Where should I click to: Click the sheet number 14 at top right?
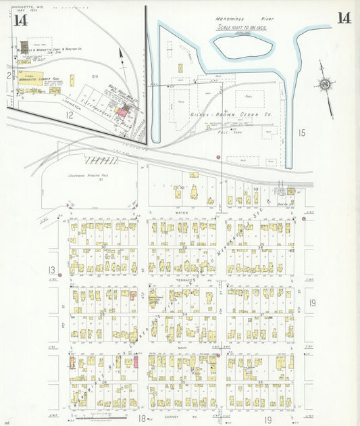click(344, 18)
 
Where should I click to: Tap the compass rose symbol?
click(325, 85)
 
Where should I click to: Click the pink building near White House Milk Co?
click(123, 110)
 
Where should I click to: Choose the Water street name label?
click(181, 213)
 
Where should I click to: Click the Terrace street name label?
click(182, 279)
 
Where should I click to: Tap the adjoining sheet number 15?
click(301, 133)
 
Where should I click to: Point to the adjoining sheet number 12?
click(69, 116)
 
